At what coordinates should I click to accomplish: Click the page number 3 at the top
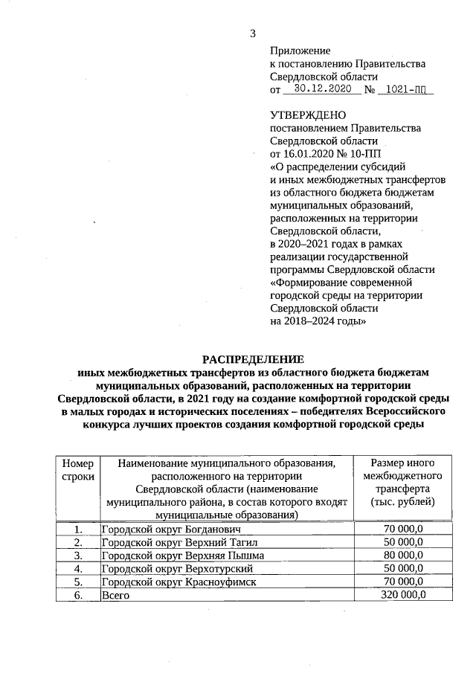tap(252, 33)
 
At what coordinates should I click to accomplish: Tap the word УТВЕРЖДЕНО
tap(306, 115)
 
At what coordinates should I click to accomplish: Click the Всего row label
tap(114, 595)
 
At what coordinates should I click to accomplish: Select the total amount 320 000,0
tap(402, 595)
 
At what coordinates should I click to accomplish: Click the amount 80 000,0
tap(402, 555)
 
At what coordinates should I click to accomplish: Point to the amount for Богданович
tap(402, 529)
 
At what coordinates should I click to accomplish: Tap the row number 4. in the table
tap(77, 568)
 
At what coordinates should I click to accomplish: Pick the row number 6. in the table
tap(77, 595)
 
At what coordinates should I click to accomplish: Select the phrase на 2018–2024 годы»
tap(318, 321)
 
